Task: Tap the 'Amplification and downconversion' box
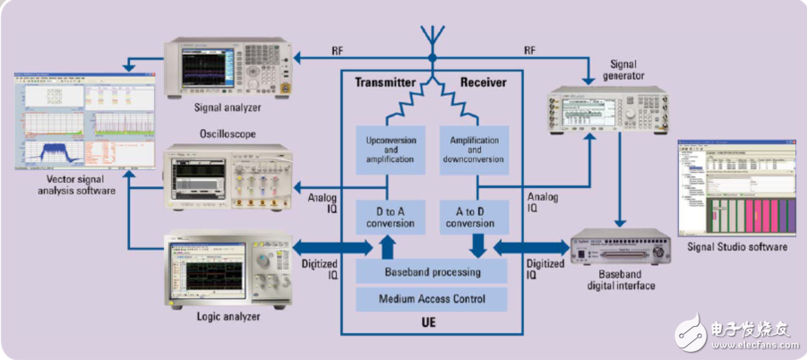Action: (475, 149)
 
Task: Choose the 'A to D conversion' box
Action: (475, 217)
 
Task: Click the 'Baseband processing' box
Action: (433, 271)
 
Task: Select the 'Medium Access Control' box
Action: (433, 298)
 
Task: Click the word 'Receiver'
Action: (484, 82)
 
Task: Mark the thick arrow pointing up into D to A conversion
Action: (388, 244)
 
